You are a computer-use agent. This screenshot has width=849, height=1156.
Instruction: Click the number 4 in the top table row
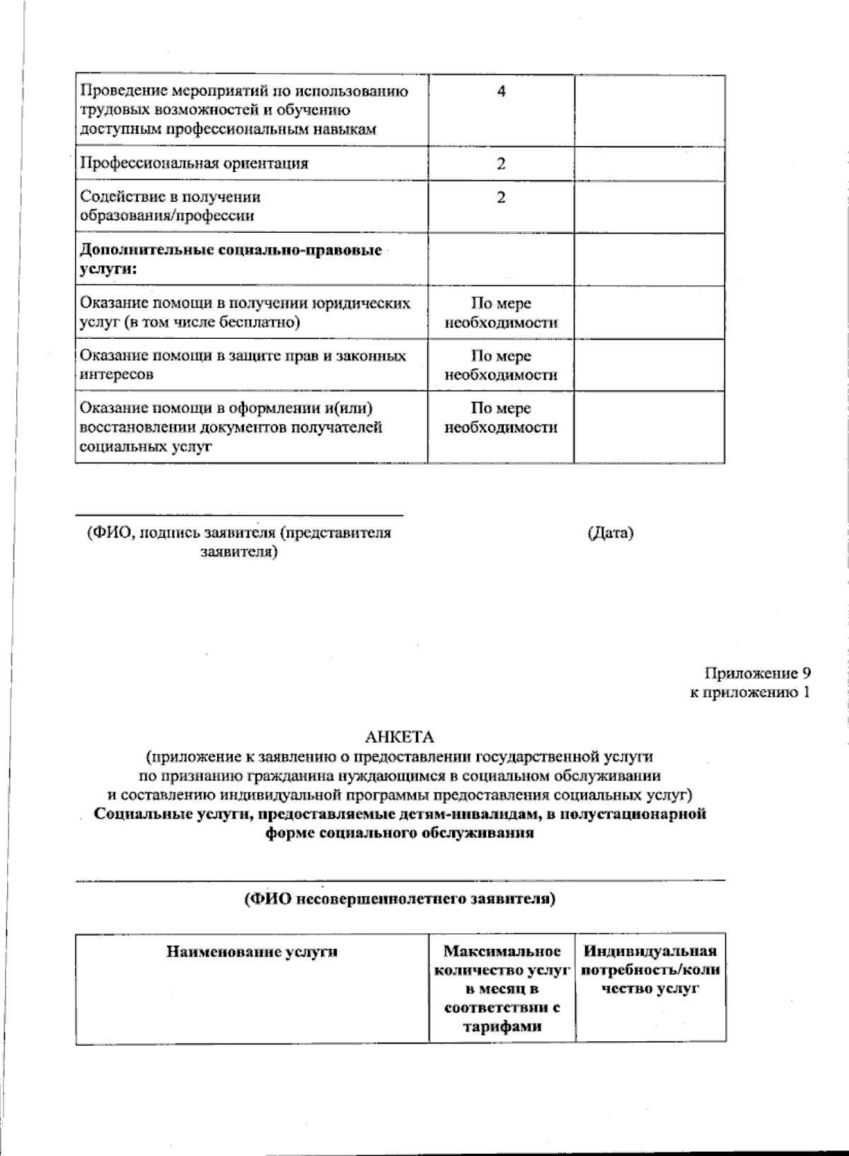click(x=501, y=91)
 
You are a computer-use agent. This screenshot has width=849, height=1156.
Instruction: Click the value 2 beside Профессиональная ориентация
click(x=501, y=163)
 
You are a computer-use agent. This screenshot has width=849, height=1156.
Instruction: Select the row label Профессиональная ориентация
click(x=194, y=163)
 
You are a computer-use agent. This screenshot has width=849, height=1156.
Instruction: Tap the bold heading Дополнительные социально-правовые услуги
click(x=231, y=259)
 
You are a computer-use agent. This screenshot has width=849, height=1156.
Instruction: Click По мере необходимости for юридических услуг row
click(x=501, y=313)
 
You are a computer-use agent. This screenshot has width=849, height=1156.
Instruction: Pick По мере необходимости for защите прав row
click(x=501, y=365)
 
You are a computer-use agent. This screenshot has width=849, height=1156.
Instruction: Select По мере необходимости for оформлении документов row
click(x=501, y=417)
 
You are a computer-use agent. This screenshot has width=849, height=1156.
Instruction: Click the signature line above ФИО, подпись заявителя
click(x=239, y=514)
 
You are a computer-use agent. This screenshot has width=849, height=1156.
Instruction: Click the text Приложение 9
click(x=756, y=673)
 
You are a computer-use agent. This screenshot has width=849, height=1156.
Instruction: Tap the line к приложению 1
click(x=749, y=692)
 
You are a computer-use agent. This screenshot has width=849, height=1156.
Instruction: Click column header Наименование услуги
click(x=252, y=952)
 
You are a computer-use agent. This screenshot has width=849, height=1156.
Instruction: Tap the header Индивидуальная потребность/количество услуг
click(x=650, y=970)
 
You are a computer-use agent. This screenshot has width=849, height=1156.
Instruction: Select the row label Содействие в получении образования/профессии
click(x=170, y=206)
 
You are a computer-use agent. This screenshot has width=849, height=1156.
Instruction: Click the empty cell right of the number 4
click(x=649, y=110)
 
